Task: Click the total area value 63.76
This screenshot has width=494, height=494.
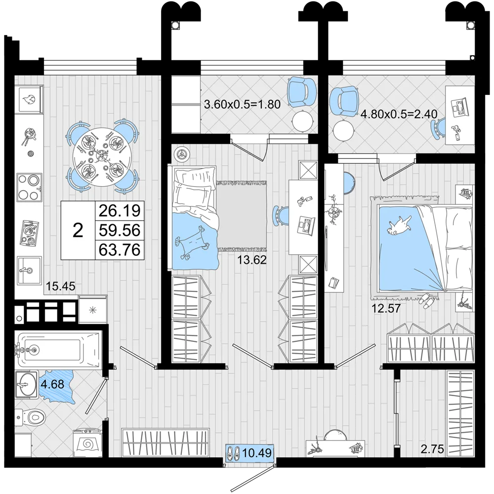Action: click(120, 250)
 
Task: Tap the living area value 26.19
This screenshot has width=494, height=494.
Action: click(120, 210)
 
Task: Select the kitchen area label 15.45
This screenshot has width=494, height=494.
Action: click(61, 286)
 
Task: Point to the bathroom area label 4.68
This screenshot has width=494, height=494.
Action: click(53, 384)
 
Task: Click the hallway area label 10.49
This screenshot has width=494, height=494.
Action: click(257, 453)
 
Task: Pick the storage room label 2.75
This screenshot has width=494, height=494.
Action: click(432, 449)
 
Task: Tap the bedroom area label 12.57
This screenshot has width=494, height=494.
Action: click(386, 308)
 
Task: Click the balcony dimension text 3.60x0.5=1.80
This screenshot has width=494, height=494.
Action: click(242, 104)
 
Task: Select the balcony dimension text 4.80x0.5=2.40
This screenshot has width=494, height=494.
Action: click(399, 114)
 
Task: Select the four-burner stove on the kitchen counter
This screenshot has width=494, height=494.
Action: click(29, 187)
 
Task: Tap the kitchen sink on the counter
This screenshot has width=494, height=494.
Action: click(29, 270)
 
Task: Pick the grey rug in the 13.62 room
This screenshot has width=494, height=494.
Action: click(242, 216)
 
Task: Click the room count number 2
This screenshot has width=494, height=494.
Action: click(78, 230)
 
